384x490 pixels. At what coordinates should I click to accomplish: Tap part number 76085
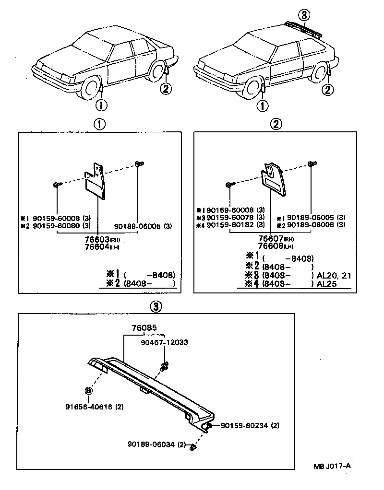click(144, 328)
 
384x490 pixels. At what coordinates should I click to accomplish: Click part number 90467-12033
click(164, 342)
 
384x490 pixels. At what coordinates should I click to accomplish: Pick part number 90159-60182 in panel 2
click(236, 224)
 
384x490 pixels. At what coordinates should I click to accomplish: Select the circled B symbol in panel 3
click(88, 391)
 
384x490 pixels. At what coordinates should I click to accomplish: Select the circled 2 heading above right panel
click(276, 124)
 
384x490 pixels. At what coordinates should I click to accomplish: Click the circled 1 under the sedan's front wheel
click(102, 104)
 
